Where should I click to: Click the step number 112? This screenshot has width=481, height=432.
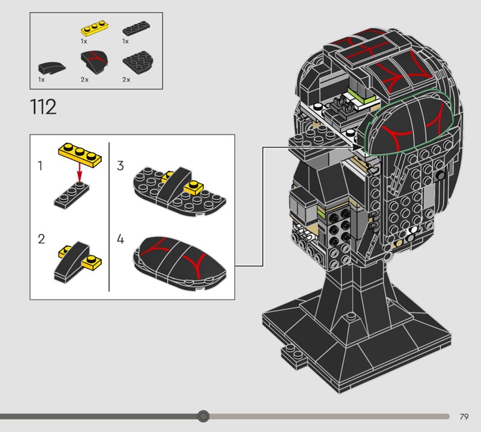[43, 107]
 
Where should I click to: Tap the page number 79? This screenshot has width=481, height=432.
[464, 416]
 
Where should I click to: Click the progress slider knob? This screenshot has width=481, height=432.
[203, 416]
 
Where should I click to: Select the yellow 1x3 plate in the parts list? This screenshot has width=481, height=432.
[95, 28]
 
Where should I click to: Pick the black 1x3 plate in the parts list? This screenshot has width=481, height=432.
[136, 28]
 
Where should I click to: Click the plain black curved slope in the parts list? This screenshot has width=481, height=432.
[52, 67]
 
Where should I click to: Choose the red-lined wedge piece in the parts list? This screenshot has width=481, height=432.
[94, 62]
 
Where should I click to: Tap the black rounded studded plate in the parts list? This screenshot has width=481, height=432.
[138, 63]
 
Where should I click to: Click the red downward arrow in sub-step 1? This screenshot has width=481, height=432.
[79, 173]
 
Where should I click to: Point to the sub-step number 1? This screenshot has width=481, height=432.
[40, 166]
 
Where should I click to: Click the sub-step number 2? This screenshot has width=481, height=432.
[41, 239]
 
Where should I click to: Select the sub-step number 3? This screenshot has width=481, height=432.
[120, 166]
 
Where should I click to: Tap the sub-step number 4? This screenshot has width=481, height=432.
[120, 239]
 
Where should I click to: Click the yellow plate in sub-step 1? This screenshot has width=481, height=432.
[80, 155]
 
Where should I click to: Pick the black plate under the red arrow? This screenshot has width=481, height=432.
[72, 196]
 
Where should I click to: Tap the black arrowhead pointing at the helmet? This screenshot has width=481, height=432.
[357, 147]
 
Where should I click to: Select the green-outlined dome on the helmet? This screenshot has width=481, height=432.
[409, 122]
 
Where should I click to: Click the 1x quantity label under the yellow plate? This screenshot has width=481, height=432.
[84, 41]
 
